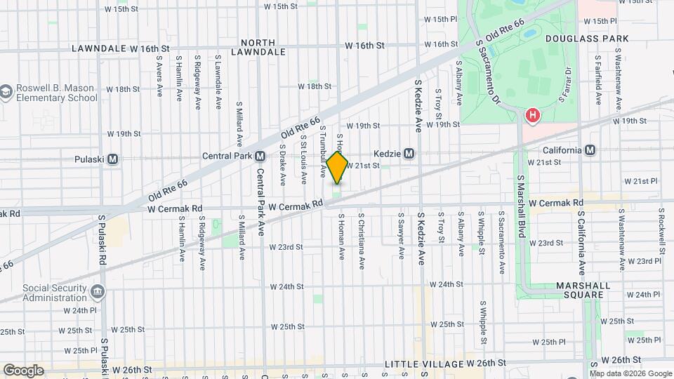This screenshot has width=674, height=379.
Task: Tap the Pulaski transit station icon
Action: [112, 159]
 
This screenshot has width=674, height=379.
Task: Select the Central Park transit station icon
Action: [260, 156]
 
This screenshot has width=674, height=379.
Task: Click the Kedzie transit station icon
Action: [409, 153]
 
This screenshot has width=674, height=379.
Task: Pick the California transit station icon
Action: [590, 149]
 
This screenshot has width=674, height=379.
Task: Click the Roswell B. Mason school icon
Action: [6, 93]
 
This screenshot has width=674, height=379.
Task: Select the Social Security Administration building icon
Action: [98, 291]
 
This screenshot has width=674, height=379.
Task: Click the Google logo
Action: [23, 370]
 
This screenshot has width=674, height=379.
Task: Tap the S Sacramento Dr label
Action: [487, 72]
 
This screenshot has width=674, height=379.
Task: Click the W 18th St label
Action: [314, 86]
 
